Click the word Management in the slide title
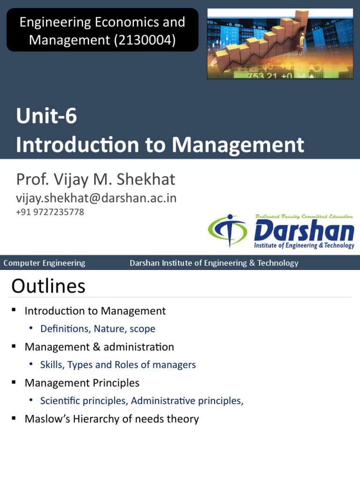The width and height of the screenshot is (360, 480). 238,145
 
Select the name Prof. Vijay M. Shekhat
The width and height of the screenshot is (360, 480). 96,179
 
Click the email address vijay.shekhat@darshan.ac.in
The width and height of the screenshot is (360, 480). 96,198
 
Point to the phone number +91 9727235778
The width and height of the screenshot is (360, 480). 50,212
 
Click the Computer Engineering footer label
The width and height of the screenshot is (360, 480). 45,263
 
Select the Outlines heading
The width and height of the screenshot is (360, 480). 48,286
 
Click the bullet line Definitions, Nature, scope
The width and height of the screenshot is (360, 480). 97,329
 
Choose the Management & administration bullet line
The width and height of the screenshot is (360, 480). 99,347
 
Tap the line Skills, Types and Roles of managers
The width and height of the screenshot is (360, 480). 118,365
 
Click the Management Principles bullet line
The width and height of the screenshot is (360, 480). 82,383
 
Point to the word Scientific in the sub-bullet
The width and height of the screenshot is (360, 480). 60,401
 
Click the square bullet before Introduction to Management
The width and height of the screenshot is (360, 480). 14,310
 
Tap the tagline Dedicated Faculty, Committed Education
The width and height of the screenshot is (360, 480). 304,216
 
